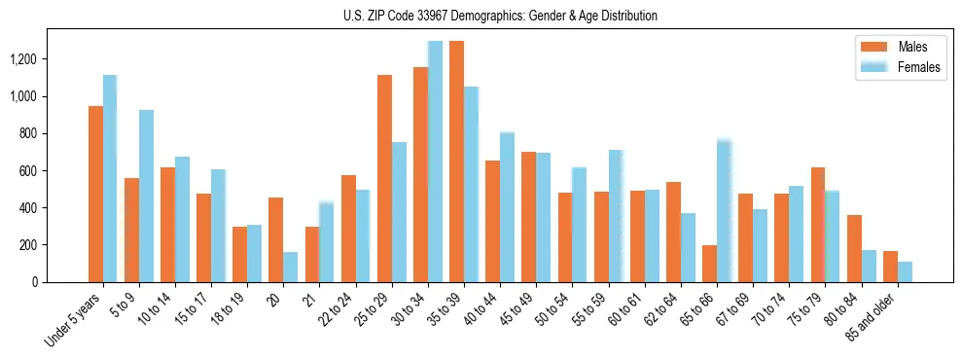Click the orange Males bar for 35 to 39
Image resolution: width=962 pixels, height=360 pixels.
456,162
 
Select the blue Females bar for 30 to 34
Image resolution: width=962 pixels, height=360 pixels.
435,162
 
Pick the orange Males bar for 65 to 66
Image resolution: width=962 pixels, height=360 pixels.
709,264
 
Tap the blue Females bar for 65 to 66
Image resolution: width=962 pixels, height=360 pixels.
724,211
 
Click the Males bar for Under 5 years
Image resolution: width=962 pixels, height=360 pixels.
95,194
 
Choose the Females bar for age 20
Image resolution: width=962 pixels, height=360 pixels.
291,267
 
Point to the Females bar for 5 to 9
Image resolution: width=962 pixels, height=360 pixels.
146,196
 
